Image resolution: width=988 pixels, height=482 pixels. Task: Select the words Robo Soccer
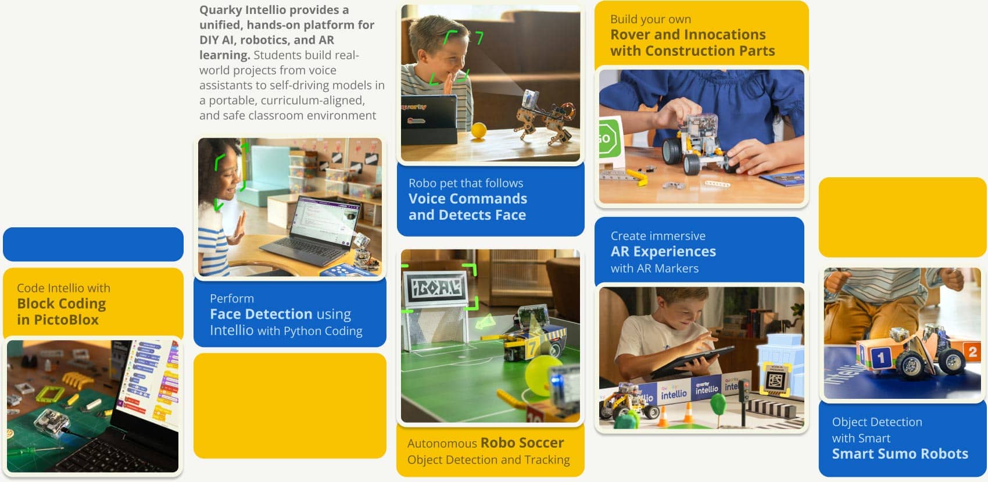tap(522, 443)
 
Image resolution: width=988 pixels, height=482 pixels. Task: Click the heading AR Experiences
tap(663, 252)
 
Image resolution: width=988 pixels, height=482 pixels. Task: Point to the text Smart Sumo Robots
tap(900, 454)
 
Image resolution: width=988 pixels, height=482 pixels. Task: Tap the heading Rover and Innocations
tap(688, 35)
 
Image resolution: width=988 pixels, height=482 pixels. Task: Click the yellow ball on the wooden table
tap(478, 130)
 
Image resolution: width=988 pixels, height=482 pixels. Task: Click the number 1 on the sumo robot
tap(880, 357)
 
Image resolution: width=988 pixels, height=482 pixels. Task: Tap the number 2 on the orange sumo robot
tap(972, 352)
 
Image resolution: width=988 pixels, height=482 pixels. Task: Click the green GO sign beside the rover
tap(607, 138)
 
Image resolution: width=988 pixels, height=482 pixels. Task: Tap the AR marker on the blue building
tap(776, 381)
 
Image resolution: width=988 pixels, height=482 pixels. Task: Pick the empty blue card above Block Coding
tap(93, 244)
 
